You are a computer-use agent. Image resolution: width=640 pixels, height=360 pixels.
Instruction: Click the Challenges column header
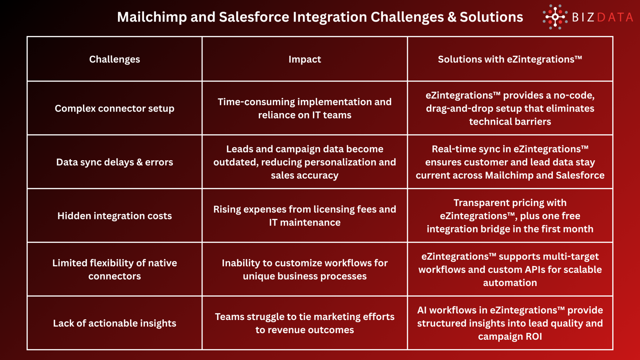(114, 59)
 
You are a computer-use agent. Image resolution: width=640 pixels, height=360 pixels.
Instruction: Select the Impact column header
(305, 59)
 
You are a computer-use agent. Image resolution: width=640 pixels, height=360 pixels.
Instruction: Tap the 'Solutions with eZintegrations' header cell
(510, 59)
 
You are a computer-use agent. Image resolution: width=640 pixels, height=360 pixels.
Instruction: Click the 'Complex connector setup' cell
(114, 108)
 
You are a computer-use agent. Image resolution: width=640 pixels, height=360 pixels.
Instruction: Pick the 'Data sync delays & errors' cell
(114, 162)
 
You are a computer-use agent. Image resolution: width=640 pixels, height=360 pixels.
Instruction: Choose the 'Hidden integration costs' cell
(114, 216)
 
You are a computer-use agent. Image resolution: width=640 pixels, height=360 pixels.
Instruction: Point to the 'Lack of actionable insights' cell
(114, 323)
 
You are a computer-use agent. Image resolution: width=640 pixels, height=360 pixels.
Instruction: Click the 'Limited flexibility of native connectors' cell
(114, 269)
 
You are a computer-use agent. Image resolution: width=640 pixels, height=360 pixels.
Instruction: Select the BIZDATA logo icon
(555, 17)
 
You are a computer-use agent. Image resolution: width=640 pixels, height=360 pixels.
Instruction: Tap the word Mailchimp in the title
(152, 17)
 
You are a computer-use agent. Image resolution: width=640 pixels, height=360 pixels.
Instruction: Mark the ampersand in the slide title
(452, 17)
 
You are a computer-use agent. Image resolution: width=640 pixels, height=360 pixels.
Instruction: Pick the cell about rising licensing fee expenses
(305, 216)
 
